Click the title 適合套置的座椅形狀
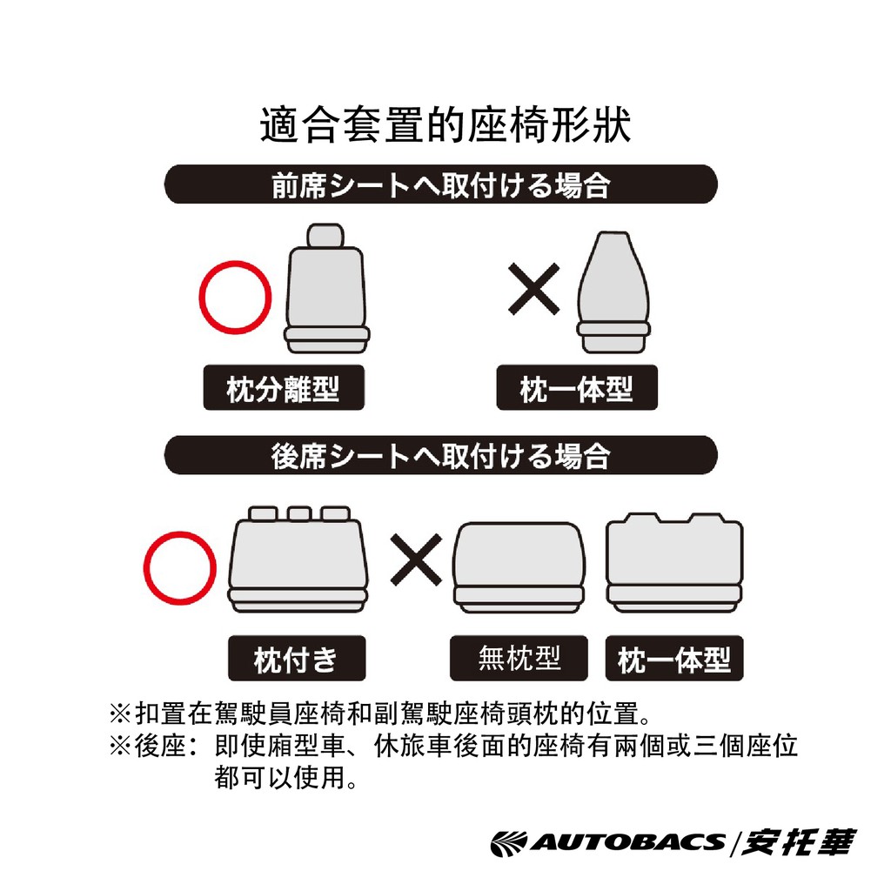pos(445,124)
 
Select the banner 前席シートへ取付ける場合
pos(441,184)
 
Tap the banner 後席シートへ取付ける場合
pos(441,455)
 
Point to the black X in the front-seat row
pos(533,289)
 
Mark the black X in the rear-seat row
pos(416,559)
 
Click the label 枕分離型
pos(284,387)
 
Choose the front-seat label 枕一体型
pos(577,387)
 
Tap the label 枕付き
pos(297,658)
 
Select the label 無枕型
pos(519,658)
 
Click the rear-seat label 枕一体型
pos(674,658)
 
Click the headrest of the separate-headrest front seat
pos(325,236)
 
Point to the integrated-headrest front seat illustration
pos(613,292)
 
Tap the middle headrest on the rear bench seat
pos(299,513)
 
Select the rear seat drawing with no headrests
pos(519,567)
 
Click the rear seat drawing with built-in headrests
pos(674,563)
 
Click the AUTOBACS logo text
pos(608,842)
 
